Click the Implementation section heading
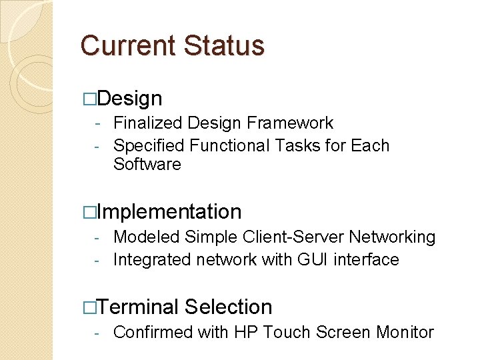pos(169,212)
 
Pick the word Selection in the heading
pos(229,307)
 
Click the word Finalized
pos(148,123)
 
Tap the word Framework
pos(290,123)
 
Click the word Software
pos(147,165)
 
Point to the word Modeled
pos(147,237)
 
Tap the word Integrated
pos(153,260)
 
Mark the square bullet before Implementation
pos(89,213)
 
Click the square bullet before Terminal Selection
pos(89,307)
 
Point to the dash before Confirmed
pos(97,333)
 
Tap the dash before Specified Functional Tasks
pos(97,146)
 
